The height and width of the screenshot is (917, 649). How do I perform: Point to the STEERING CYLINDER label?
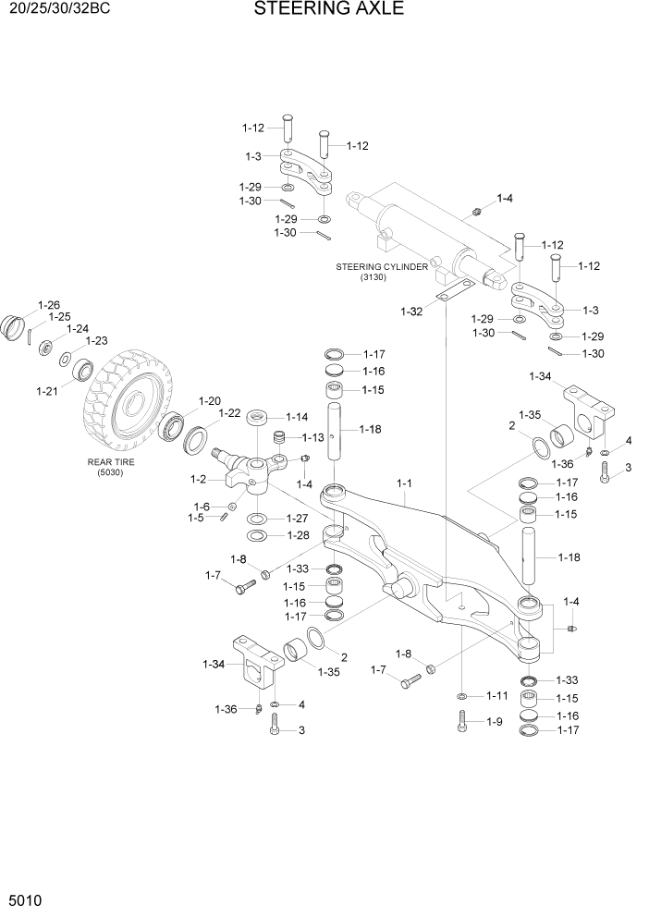(x=381, y=266)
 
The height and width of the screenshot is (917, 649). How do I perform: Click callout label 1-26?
(x=48, y=304)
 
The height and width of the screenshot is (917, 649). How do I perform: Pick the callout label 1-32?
(x=410, y=312)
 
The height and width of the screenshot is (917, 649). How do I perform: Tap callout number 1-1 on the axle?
(x=405, y=483)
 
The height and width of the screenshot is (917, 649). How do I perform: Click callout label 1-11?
(x=497, y=695)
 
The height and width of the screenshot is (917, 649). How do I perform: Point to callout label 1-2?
(x=197, y=479)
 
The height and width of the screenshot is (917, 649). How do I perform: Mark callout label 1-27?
(x=296, y=518)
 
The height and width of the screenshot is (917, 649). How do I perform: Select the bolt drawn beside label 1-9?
(x=462, y=722)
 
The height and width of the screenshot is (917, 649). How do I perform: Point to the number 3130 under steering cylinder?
(x=375, y=277)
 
